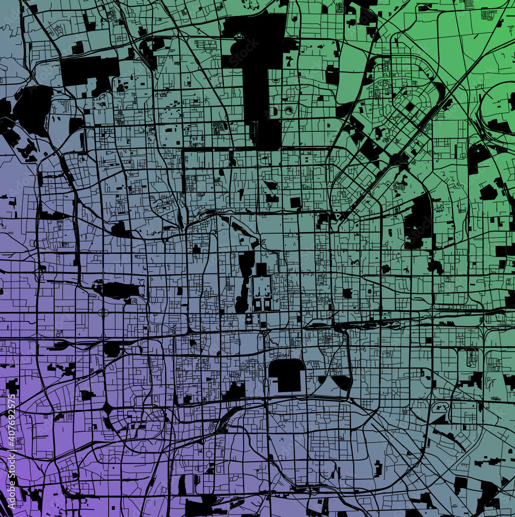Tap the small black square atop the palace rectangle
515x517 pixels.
(261, 269)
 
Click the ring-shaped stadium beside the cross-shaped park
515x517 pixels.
(289, 110)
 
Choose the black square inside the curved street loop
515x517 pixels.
(410, 107)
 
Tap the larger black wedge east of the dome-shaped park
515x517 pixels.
(342, 383)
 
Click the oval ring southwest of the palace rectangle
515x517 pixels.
(249, 320)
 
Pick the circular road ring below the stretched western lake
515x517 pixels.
(103, 313)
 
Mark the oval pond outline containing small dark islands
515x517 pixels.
(440, 408)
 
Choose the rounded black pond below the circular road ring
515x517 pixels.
(112, 349)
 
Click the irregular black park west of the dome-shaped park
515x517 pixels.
(235, 391)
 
